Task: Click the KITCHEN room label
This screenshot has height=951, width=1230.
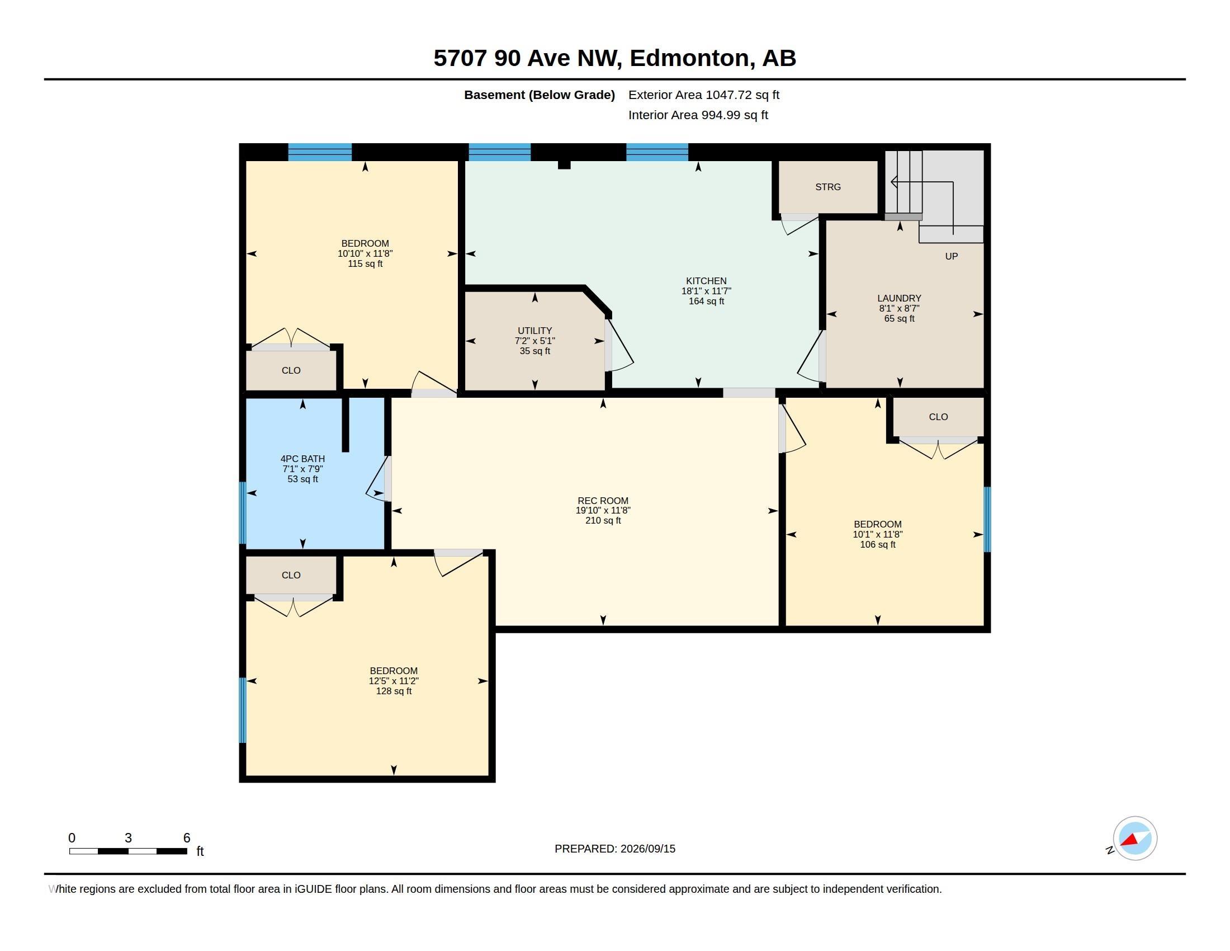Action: click(706, 281)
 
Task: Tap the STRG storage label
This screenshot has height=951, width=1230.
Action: click(828, 187)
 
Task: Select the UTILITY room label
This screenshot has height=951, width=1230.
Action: click(534, 331)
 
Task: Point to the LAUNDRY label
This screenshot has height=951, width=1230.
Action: click(899, 298)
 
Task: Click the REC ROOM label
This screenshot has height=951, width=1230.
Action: click(603, 500)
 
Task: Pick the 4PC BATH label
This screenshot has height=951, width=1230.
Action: click(302, 459)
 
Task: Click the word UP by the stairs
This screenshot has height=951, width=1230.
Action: click(951, 256)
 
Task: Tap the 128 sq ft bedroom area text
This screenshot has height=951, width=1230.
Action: click(394, 691)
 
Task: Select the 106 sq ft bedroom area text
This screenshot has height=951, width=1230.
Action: click(877, 545)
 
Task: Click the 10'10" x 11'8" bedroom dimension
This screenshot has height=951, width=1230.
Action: click(365, 253)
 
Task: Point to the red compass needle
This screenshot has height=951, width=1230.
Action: click(1129, 841)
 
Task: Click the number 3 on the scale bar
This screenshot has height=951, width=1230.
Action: click(129, 838)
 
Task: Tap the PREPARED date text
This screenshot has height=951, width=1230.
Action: click(614, 849)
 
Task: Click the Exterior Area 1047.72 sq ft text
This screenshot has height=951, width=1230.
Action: click(703, 95)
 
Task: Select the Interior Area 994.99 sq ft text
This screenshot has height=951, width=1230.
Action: click(698, 115)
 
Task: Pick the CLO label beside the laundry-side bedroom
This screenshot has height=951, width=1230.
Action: click(938, 417)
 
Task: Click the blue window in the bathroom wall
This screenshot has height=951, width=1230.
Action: click(243, 512)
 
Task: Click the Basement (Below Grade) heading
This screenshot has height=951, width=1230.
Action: click(539, 95)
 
